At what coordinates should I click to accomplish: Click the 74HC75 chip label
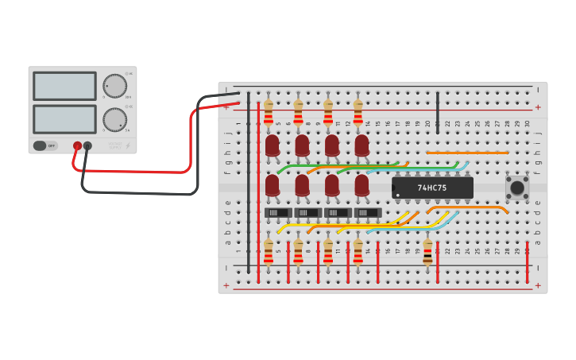click(x=432, y=188)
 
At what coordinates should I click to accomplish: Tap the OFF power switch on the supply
click(x=45, y=145)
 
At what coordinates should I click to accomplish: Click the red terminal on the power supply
click(x=77, y=146)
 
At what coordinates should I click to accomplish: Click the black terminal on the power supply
click(x=87, y=146)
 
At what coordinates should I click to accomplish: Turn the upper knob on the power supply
click(x=114, y=86)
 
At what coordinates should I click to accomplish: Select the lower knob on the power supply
click(x=114, y=120)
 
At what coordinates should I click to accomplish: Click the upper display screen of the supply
click(x=64, y=86)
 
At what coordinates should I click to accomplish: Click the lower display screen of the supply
click(x=64, y=119)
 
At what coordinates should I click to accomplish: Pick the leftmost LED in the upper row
click(x=272, y=145)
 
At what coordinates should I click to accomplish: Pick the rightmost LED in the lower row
click(x=361, y=186)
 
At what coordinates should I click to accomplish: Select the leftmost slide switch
click(x=277, y=213)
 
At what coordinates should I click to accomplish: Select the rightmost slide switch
click(x=367, y=213)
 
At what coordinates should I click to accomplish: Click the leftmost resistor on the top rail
click(x=268, y=112)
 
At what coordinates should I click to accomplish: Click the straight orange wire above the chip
click(x=467, y=152)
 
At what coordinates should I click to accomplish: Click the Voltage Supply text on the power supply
click(x=115, y=145)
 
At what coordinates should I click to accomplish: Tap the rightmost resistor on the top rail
click(x=358, y=112)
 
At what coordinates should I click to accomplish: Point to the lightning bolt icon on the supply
click(x=129, y=145)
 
